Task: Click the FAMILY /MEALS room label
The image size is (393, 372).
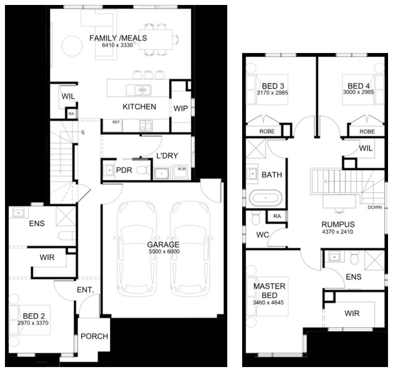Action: [x=118, y=38]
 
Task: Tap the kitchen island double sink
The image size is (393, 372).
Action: [x=138, y=90]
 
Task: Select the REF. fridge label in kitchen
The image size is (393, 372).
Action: [x=117, y=122]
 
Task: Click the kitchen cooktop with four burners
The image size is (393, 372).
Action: [x=146, y=125]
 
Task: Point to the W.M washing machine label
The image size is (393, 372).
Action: [x=182, y=169]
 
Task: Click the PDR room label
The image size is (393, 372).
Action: [x=124, y=170]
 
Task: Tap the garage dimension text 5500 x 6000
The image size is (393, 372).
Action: [x=164, y=252]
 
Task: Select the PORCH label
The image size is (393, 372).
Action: [x=94, y=336]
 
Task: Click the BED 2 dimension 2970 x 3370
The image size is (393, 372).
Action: [x=33, y=323]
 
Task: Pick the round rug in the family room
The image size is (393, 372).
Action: [x=72, y=46]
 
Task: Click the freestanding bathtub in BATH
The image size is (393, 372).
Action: [x=265, y=198]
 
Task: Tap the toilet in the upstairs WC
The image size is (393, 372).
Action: [x=256, y=217]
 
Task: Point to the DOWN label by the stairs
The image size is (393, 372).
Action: [x=375, y=207]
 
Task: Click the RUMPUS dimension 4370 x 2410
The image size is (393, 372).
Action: [x=337, y=232]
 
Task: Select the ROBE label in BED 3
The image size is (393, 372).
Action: [x=267, y=131]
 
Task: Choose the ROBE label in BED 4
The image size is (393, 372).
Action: [x=367, y=132]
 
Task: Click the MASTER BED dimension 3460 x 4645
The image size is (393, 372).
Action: [x=268, y=303]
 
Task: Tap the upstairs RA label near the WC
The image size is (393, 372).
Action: [x=277, y=216]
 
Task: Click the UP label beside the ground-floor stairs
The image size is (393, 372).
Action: [x=82, y=132]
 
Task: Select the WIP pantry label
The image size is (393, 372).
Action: [x=181, y=108]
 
